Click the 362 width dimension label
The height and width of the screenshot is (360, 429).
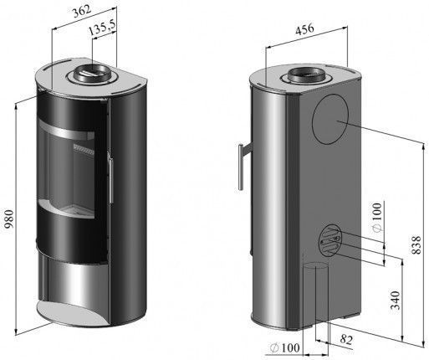[82, 11]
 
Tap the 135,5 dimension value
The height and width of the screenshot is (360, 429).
[101, 28]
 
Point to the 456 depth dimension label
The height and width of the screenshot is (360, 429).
[304, 29]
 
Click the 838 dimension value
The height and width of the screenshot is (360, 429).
[416, 245]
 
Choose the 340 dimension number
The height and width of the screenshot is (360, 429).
[396, 301]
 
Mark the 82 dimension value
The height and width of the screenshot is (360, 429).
[346, 339]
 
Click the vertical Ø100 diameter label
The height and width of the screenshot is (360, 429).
[377, 217]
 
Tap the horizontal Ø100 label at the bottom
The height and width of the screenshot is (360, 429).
[285, 347]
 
